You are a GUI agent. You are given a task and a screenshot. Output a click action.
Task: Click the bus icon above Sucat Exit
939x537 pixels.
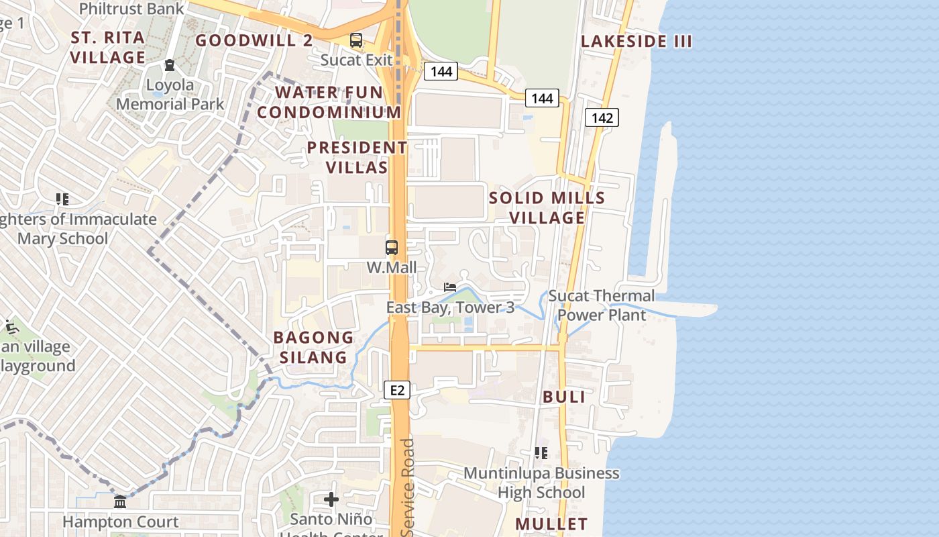tap(355, 40)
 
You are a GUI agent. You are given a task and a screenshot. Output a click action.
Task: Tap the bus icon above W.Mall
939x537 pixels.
tap(392, 247)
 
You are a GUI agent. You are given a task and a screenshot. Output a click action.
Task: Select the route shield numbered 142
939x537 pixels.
tap(602, 118)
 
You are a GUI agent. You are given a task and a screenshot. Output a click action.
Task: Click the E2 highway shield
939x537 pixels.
tap(398, 390)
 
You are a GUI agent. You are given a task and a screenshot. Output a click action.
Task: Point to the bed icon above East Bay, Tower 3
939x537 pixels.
tap(450, 287)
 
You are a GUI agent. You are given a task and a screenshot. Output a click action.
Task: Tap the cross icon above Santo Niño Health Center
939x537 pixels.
tap(331, 499)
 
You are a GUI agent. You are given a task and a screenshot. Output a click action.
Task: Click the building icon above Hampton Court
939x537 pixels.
tap(120, 501)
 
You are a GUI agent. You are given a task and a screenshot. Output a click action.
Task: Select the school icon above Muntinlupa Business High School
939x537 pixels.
tap(541, 453)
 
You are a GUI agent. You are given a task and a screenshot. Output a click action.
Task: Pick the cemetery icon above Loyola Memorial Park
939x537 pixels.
tap(170, 65)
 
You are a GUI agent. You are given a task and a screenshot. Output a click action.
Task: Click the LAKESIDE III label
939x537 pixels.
tap(636, 41)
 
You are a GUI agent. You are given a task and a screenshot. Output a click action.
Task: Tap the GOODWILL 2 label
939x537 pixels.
tap(254, 40)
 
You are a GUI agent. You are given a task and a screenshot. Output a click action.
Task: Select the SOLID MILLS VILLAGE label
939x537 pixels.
tap(547, 208)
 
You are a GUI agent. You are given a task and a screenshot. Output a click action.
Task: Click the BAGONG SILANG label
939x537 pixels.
tap(313, 347)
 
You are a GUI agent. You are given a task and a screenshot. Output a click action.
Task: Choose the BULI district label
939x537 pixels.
tap(564, 397)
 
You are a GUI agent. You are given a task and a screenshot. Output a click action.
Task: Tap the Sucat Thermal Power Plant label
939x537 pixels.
tap(602, 305)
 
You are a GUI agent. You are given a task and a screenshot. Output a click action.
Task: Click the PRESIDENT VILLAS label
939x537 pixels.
tap(357, 157)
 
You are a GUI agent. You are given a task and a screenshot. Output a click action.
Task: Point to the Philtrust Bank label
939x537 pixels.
tap(131, 9)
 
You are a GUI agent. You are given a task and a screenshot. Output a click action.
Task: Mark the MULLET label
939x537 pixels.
tap(551, 524)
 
